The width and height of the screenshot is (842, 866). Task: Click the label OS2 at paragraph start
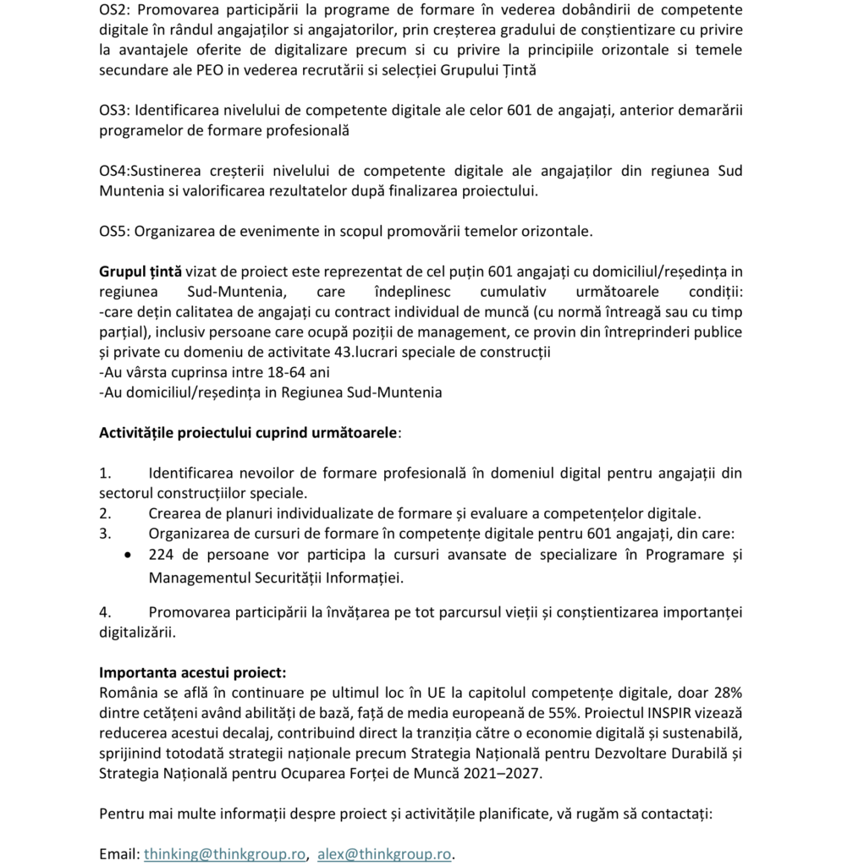[114, 9]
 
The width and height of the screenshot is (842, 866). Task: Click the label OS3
[114, 110]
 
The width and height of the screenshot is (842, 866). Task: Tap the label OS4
[114, 171]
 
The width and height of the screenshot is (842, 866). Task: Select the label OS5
[114, 231]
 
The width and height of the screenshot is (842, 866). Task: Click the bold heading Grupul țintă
[140, 271]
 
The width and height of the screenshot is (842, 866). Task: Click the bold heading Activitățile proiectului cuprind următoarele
[248, 433]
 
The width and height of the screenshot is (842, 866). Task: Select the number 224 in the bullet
[162, 556]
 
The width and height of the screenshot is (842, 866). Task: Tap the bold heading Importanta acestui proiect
[193, 674]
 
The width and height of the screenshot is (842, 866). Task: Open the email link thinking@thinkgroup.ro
[224, 854]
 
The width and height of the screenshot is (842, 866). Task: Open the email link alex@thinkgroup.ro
[384, 854]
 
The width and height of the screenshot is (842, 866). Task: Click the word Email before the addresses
[118, 854]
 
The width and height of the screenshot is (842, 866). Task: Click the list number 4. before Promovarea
[105, 612]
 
